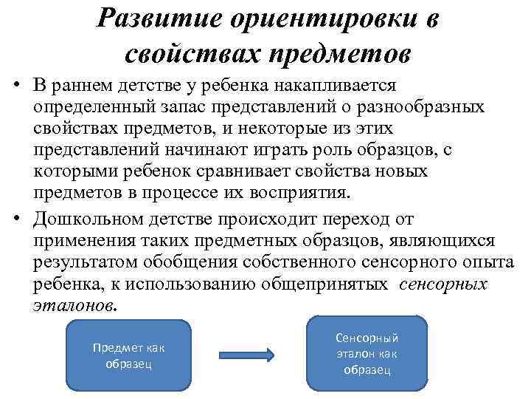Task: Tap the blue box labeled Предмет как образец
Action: [x=128, y=355]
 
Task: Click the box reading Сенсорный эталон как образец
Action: [x=367, y=353]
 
